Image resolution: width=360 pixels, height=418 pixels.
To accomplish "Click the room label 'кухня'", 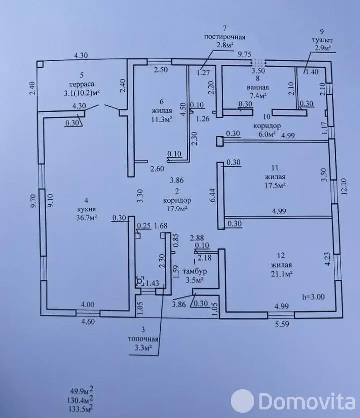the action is tap(86, 209).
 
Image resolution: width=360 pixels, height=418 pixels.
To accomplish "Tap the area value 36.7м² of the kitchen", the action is tap(86, 218).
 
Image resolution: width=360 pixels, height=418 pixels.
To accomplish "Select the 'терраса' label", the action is tap(82, 84).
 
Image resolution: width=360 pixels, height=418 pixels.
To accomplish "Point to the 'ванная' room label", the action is tap(258, 87).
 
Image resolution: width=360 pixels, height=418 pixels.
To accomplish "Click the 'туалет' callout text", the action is tap(322, 40).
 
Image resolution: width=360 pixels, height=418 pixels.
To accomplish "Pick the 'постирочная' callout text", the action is tap(224, 37).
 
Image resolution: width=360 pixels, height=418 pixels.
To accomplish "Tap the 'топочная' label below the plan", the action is tap(143, 339).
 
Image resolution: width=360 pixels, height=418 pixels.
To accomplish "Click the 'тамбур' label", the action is tap(195, 271).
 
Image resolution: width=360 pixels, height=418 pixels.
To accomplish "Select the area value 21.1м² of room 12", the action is tap(282, 274).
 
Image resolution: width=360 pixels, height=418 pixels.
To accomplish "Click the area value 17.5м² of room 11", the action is tap(275, 185).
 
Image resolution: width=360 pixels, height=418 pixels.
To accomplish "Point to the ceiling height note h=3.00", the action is tap(313, 297).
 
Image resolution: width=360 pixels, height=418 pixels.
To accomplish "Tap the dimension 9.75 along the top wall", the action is tap(245, 54).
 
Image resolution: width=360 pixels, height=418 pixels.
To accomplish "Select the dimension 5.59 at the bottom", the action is tap(282, 324).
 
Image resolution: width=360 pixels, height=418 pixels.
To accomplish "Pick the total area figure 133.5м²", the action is tap(82, 408).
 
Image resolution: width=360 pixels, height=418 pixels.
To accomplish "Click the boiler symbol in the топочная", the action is tap(140, 281).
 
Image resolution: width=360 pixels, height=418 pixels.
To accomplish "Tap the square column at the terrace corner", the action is tap(40, 64).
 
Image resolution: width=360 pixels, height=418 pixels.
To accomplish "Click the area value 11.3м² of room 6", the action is tap(161, 119).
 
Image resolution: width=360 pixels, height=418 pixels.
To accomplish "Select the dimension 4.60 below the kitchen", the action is tap(88, 322).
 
